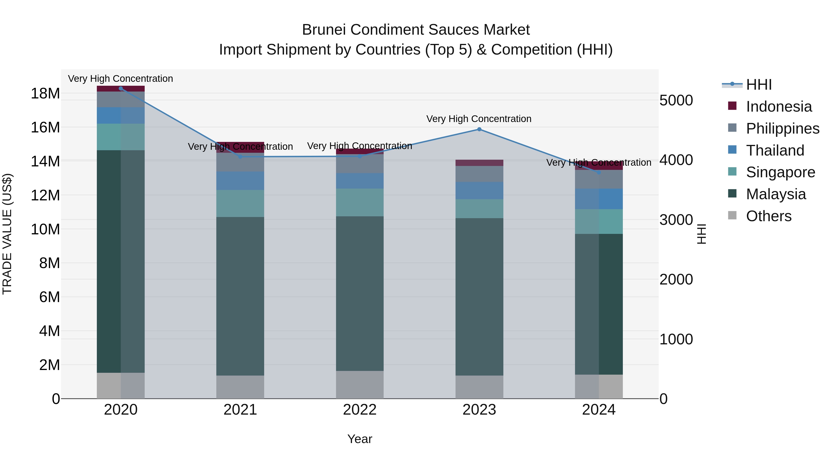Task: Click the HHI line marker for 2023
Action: [x=479, y=129]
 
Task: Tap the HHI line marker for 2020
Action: [x=121, y=89]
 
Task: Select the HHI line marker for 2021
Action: [x=240, y=157]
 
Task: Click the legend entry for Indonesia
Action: [x=778, y=107]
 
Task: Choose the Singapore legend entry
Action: [x=780, y=172]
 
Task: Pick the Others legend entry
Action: [x=768, y=216]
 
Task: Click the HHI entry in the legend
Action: [x=759, y=85]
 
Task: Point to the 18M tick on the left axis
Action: [x=45, y=94]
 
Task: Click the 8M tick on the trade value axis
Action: [x=49, y=263]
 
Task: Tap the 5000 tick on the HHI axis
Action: [x=676, y=101]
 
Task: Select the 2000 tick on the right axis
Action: [x=676, y=280]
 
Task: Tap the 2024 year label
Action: [x=599, y=410]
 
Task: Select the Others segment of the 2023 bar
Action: [x=479, y=387]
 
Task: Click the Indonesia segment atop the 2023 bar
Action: [x=479, y=163]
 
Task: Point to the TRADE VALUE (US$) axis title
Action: [x=7, y=234]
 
